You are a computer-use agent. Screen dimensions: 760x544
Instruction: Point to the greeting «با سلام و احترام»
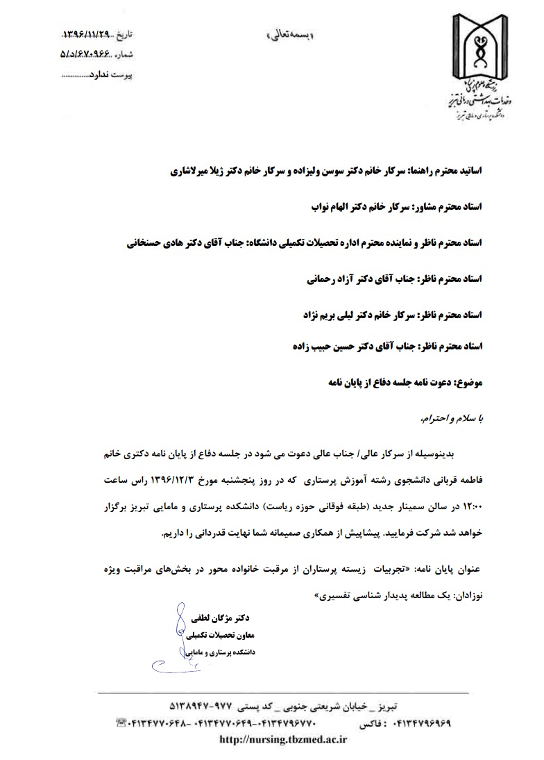pyautogui.click(x=454, y=419)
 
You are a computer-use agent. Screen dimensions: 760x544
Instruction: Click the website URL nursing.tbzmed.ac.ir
pyautogui.click(x=283, y=740)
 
